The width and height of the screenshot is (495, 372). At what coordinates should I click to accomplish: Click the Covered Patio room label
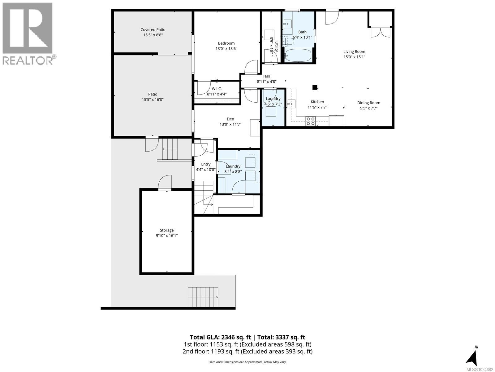coord(153,30)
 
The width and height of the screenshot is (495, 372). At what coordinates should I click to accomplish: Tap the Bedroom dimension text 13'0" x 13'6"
coord(226,49)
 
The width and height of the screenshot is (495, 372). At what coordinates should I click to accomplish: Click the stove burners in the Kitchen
coord(311,121)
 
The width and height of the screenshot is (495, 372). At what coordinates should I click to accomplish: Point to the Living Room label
coord(354,52)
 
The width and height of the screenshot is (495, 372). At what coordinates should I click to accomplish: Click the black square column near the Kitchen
coord(315,87)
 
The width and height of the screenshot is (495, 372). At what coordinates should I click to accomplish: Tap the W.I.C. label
coord(217,89)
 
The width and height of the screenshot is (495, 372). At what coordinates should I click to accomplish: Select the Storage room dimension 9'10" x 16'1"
coord(167,236)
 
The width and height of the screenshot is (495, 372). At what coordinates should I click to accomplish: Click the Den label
coord(230,119)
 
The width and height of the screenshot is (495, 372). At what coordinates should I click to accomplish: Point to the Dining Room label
coord(368,103)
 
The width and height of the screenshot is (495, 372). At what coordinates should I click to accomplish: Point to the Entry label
coord(206,164)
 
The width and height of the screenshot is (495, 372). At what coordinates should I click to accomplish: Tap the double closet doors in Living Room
coord(381,32)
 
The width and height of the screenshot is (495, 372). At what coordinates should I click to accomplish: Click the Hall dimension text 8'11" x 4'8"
coord(266,82)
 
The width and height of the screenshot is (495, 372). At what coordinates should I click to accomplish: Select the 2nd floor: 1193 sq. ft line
coord(247,352)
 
